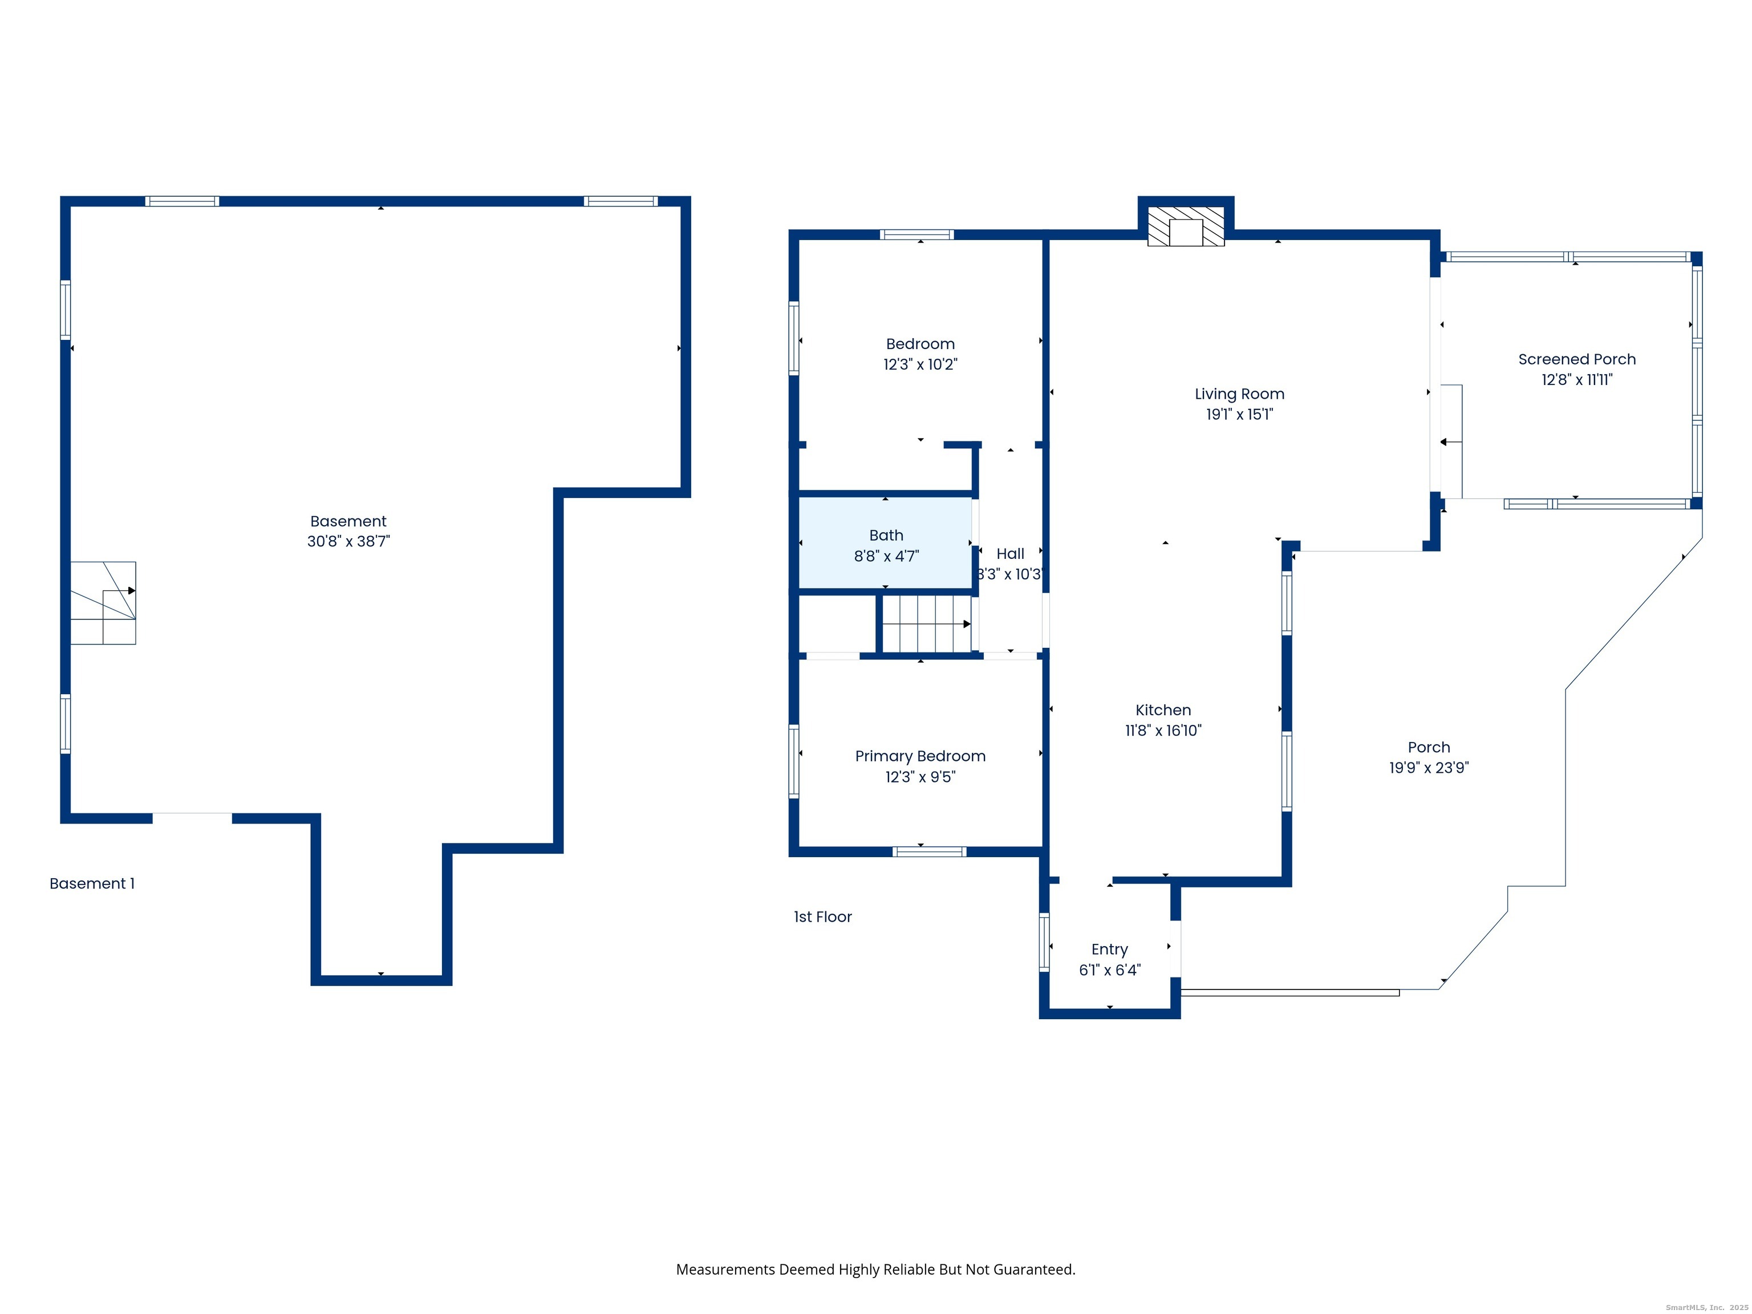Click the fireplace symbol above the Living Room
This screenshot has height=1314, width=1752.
(x=1186, y=226)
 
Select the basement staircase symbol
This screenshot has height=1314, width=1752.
(x=103, y=603)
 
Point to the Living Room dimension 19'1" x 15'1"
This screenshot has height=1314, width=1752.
(x=1239, y=414)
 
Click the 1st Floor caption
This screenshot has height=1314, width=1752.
(x=822, y=917)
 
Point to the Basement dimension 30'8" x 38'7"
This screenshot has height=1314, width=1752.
(x=348, y=542)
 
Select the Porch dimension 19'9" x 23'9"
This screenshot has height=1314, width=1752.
(x=1428, y=768)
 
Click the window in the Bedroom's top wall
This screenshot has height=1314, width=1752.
(x=916, y=234)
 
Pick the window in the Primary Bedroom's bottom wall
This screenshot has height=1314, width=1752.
(x=929, y=852)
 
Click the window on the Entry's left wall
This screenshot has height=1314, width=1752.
(x=1044, y=942)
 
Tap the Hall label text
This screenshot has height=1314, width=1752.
(x=1010, y=554)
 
